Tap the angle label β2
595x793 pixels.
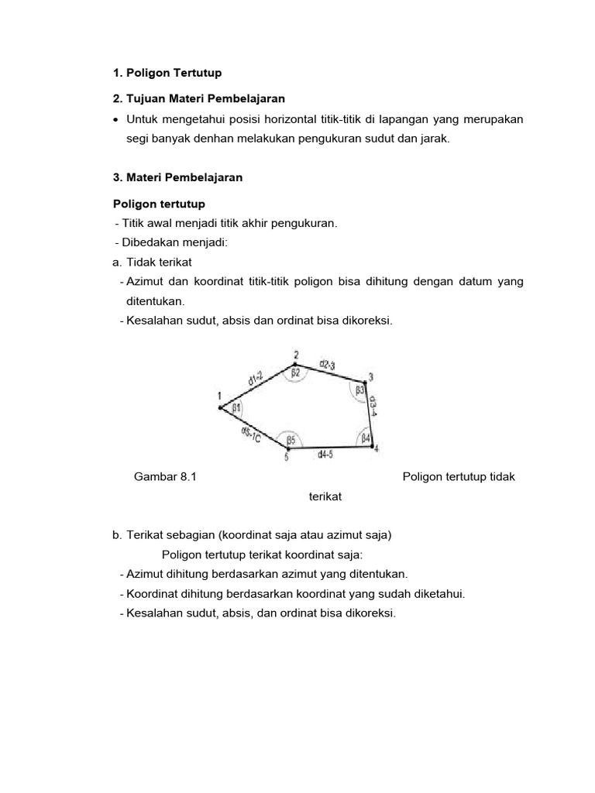coord(296,373)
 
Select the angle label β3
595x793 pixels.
coord(359,392)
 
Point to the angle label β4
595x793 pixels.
coord(366,438)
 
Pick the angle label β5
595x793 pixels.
coord(291,441)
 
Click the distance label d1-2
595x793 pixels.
coord(256,379)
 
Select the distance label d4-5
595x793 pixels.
coord(327,455)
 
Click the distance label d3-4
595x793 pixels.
coord(373,407)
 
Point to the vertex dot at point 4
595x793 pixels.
coord(374,445)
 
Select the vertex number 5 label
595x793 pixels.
coord(286,458)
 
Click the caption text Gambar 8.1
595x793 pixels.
coord(166,477)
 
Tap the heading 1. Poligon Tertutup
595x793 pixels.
coord(167,73)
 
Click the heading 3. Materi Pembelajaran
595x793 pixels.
coord(177,177)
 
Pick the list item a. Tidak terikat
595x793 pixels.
coord(152,263)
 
